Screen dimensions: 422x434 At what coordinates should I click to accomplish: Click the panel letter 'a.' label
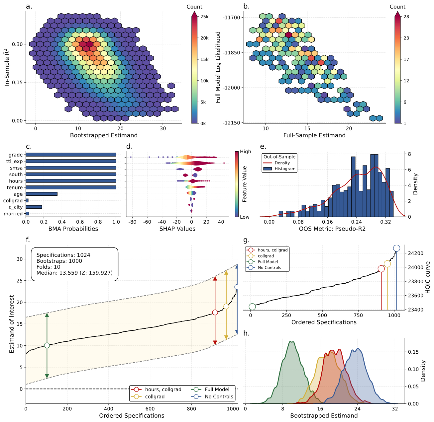(29, 6)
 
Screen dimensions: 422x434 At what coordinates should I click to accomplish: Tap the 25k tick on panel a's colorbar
(204, 17)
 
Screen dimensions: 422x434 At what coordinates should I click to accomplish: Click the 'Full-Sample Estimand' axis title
(314, 135)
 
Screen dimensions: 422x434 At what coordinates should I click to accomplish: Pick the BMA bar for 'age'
(42, 194)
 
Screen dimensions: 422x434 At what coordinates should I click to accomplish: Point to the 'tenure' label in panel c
(15, 187)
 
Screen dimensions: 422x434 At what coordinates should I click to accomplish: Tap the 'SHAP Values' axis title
(177, 229)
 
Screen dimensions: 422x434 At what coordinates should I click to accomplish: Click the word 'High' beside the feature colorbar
(245, 152)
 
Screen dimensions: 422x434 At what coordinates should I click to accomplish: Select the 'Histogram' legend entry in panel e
(285, 169)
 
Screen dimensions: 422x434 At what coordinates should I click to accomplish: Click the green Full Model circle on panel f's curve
(47, 345)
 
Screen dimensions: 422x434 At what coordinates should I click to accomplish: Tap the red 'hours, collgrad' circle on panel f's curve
(215, 312)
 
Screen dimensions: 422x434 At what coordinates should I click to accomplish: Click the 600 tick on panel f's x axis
(150, 409)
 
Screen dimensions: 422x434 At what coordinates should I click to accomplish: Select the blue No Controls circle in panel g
(396, 248)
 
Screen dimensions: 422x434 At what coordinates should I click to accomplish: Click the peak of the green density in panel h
(291, 342)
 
